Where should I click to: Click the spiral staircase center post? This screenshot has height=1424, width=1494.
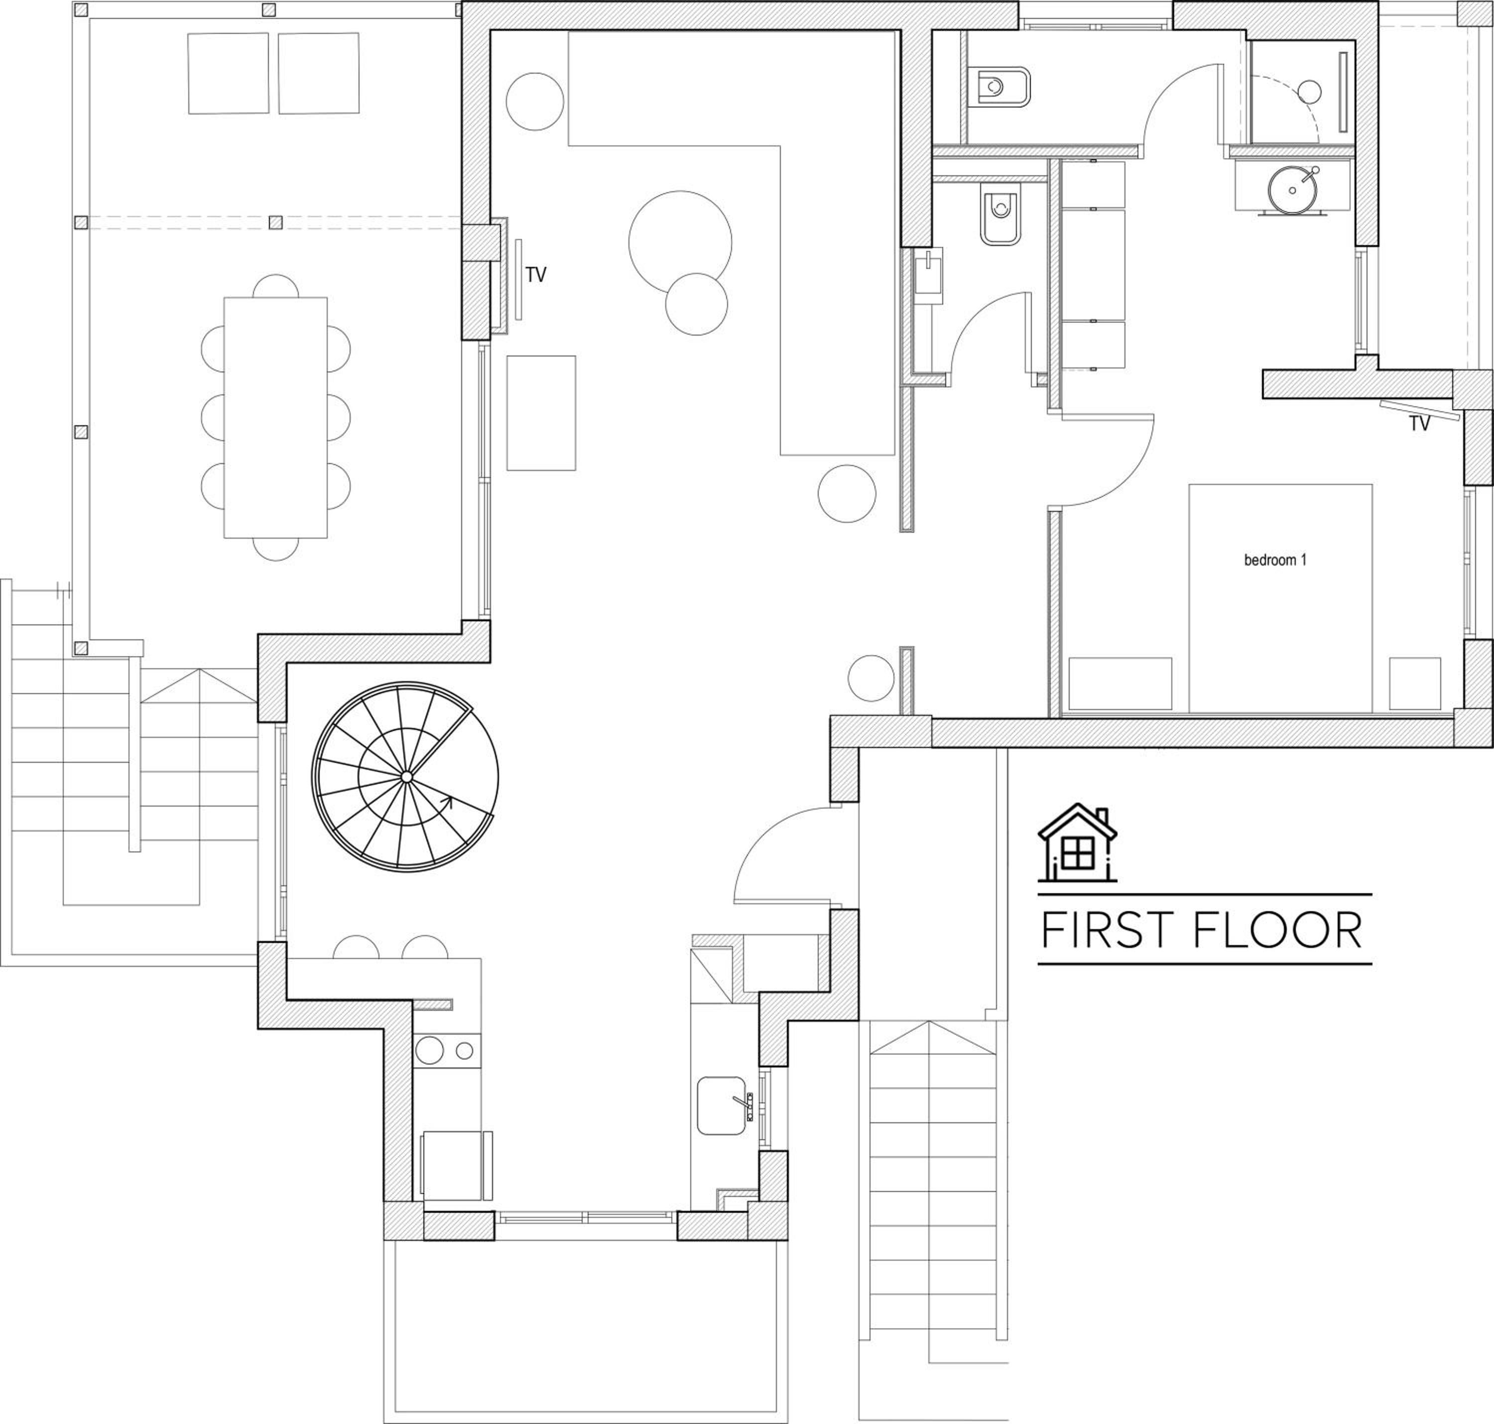pos(406,776)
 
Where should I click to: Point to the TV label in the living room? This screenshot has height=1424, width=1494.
pos(536,275)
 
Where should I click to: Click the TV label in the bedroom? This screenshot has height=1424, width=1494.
pos(1420,424)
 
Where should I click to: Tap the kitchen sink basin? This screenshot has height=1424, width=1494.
pos(721,1105)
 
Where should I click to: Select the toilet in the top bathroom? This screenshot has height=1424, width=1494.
pos(1000,90)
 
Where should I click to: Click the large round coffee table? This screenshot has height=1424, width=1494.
pos(680,242)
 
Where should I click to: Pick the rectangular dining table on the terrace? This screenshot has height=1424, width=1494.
pos(275,417)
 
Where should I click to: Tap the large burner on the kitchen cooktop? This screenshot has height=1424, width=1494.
pos(430,1051)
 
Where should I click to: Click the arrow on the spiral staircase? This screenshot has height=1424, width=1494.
pos(446,803)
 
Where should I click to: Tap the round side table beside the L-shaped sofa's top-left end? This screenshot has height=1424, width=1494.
pos(535,102)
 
